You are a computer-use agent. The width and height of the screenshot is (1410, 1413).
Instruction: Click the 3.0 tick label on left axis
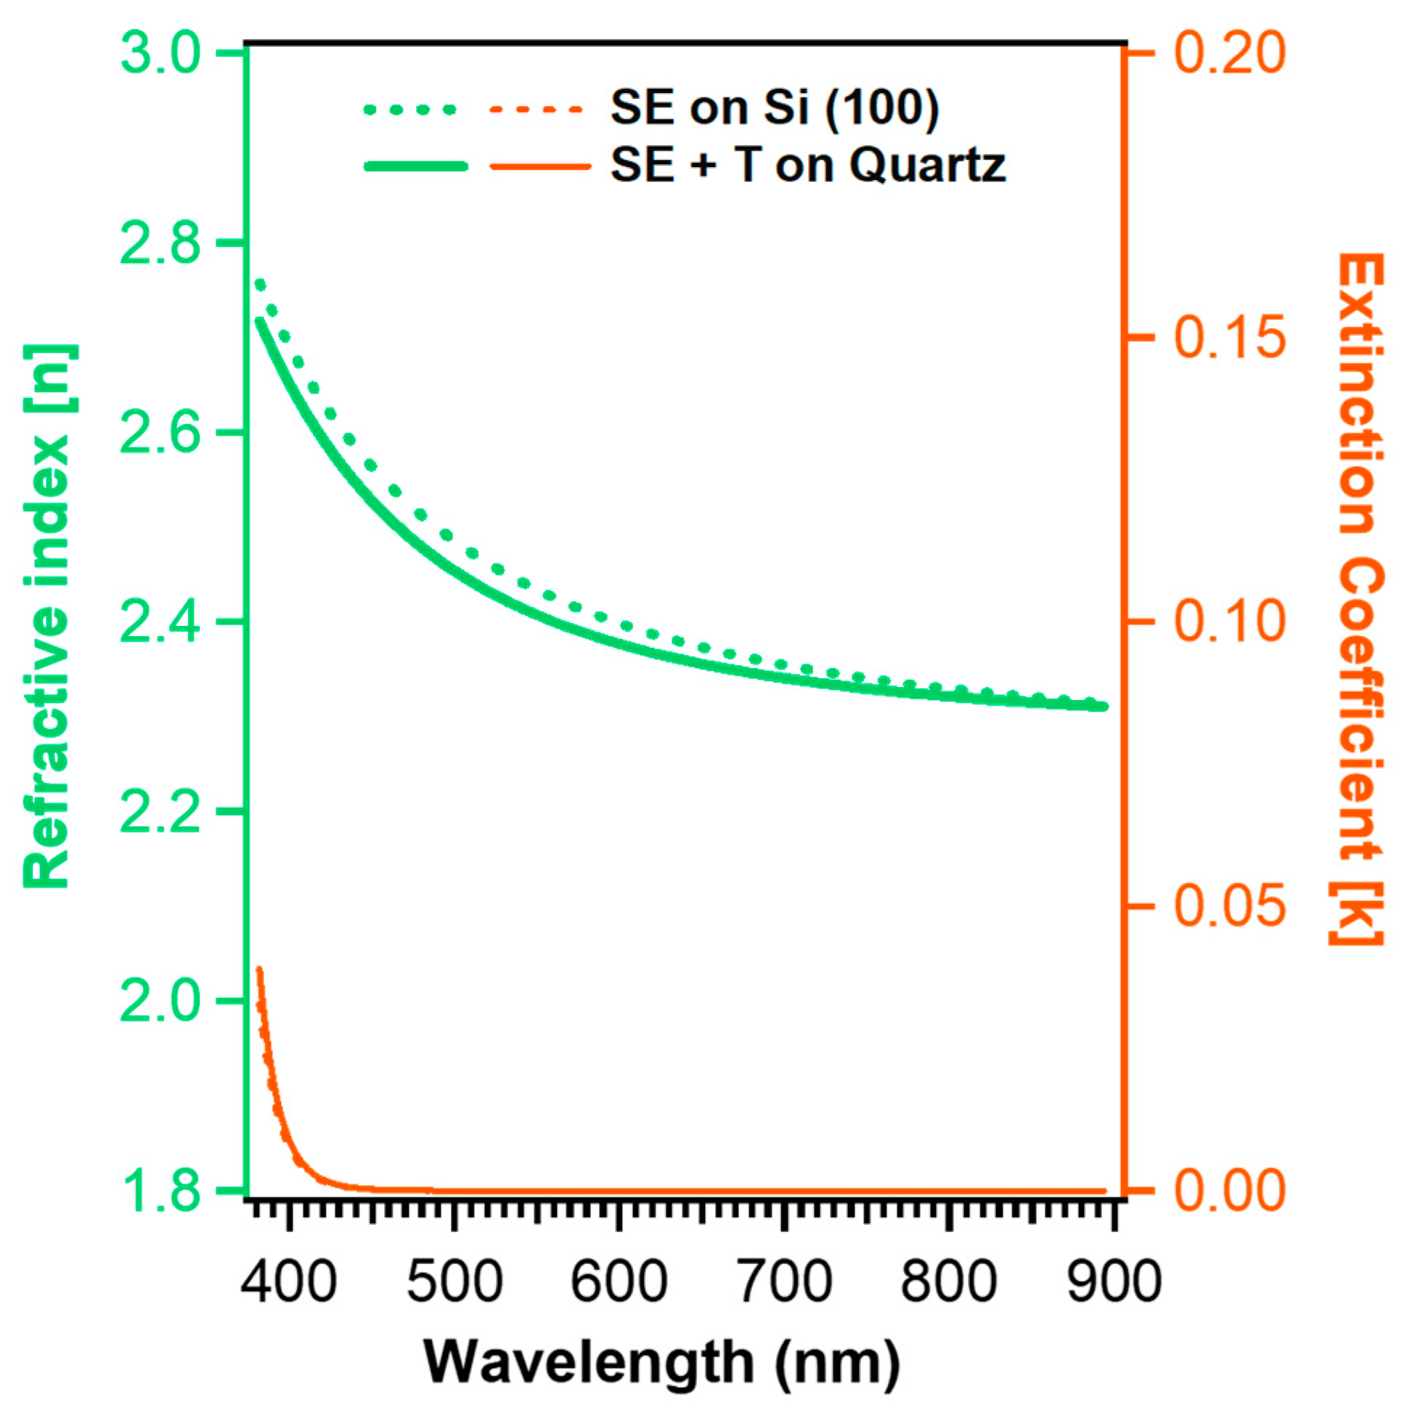click(160, 54)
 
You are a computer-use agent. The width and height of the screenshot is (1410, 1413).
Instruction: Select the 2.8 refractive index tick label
click(160, 243)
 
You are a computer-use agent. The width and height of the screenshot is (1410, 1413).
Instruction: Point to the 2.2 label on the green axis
click(160, 813)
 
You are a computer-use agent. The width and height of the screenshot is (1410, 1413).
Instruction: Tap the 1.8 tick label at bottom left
click(160, 1191)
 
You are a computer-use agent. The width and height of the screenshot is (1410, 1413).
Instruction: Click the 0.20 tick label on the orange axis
click(1228, 54)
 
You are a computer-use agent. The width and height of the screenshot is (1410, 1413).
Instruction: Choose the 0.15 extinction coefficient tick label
click(1228, 337)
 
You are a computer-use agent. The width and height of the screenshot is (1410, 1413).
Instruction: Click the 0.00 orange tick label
click(1228, 1191)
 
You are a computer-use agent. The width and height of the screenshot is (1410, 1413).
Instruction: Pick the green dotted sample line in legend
click(410, 110)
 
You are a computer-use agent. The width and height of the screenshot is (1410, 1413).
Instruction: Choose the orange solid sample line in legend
click(539, 167)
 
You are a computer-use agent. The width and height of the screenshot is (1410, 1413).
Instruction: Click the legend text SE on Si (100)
click(775, 108)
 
